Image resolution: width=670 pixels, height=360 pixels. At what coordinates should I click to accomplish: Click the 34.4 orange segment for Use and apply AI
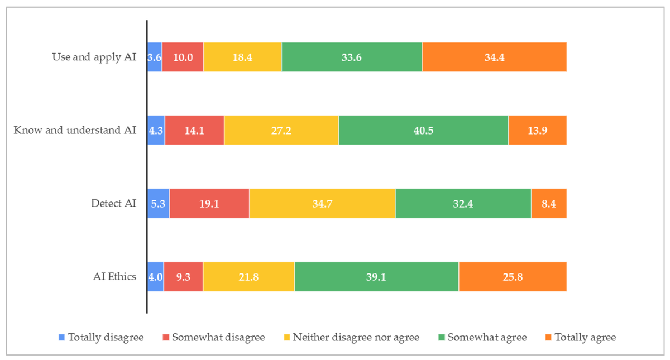tap(494, 57)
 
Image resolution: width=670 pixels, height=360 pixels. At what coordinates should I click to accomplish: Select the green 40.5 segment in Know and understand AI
tap(423, 130)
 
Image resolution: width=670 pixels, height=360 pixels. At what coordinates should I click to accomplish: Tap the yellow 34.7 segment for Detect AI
tap(322, 204)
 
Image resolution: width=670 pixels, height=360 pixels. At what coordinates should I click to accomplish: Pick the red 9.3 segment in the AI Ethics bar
tap(183, 277)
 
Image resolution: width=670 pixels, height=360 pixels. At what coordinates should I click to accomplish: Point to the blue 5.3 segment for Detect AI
tap(158, 204)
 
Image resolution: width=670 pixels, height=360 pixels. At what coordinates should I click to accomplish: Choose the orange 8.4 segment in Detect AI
tap(549, 204)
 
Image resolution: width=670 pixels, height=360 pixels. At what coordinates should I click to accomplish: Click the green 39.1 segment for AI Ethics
tap(376, 277)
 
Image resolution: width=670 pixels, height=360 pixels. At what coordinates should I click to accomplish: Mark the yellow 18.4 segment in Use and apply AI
tap(242, 57)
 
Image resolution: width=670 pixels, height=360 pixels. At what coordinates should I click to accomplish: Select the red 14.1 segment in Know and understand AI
tap(194, 130)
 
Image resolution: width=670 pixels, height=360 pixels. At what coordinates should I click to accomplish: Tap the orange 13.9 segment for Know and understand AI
tap(537, 130)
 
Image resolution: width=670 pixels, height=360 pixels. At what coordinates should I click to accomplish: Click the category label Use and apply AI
tap(94, 57)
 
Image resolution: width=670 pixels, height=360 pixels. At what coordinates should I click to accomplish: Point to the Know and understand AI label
tap(75, 130)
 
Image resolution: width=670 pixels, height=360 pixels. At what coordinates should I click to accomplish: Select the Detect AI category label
tap(113, 204)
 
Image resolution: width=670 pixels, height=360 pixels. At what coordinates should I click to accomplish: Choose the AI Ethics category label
tap(114, 277)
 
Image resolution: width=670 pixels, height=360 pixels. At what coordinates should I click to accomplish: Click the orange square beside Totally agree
tap(548, 337)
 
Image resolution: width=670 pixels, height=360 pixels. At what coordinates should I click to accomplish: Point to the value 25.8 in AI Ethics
tap(513, 277)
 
